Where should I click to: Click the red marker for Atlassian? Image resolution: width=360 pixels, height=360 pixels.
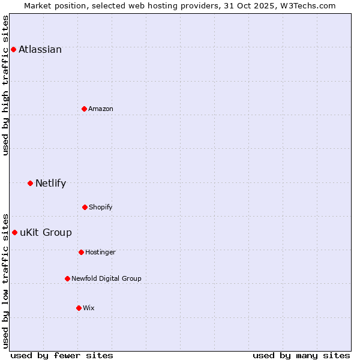[13, 49]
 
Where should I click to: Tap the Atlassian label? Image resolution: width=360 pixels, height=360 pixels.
[40, 50]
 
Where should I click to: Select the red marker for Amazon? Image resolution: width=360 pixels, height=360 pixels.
[84, 109]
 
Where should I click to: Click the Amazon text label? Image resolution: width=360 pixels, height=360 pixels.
[101, 109]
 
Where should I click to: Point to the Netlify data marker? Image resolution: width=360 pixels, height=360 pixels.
[30, 183]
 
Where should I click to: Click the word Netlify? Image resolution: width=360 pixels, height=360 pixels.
[50, 184]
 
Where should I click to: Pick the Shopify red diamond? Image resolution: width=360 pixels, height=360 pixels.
[85, 207]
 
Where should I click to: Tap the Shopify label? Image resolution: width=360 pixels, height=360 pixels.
[101, 208]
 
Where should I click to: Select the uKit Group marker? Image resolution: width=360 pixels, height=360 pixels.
[14, 232]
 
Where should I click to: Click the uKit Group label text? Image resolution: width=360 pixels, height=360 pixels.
[46, 233]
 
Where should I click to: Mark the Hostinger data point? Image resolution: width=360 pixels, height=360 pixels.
[81, 252]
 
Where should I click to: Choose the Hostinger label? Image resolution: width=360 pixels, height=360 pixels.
[100, 253]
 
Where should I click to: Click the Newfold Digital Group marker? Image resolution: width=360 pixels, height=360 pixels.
[67, 278]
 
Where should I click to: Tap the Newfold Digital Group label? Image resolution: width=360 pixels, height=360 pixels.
[106, 279]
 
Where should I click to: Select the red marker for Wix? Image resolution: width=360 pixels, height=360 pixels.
[79, 308]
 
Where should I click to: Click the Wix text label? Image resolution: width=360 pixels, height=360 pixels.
[89, 308]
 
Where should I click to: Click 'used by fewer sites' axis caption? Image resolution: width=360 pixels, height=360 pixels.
[62, 355]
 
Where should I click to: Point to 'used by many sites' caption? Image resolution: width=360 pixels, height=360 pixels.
[301, 355]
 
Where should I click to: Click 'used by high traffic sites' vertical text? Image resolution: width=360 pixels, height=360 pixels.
[6, 85]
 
